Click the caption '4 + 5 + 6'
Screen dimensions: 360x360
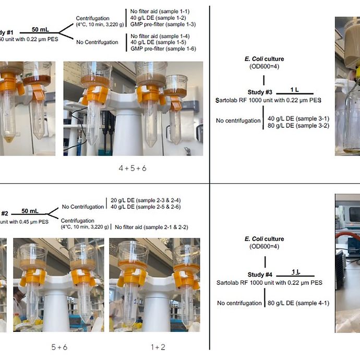pyautogui.click(x=133, y=169)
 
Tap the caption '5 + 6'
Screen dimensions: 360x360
pyautogui.click(x=58, y=346)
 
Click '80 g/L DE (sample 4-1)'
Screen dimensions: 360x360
pyautogui.click(x=298, y=303)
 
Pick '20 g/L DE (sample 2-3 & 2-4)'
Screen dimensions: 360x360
pyautogui.click(x=146, y=200)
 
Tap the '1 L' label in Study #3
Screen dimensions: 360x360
pyautogui.click(x=295, y=90)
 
